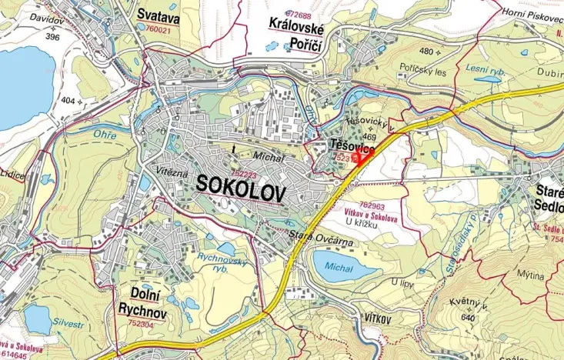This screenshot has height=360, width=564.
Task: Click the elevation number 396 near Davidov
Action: pyautogui.click(x=52, y=37)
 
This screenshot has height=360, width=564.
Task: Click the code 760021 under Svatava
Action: pyautogui.click(x=158, y=29)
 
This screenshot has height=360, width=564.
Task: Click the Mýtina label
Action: pyautogui.click(x=530, y=275)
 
